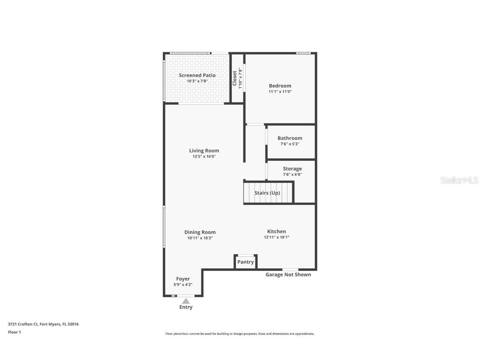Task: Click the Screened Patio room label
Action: point(197,75)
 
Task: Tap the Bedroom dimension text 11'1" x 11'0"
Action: point(280,92)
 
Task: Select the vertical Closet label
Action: point(235,78)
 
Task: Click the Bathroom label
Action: point(290,138)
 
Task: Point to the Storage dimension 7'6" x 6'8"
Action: point(292,175)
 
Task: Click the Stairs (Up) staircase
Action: point(267,193)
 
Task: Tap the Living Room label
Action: point(204,151)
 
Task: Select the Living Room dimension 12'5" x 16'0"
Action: point(204,157)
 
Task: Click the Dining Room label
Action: point(200,232)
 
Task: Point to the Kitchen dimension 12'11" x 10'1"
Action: point(276,237)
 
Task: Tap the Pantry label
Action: point(245,262)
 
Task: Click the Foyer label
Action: point(183,279)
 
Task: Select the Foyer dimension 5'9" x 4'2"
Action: point(183,285)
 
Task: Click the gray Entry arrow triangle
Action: point(186,301)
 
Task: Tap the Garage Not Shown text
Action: point(288,275)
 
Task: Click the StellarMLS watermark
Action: point(459,180)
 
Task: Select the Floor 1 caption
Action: point(14,332)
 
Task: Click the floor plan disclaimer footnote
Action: point(240,334)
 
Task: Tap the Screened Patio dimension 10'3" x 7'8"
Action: point(197,81)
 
